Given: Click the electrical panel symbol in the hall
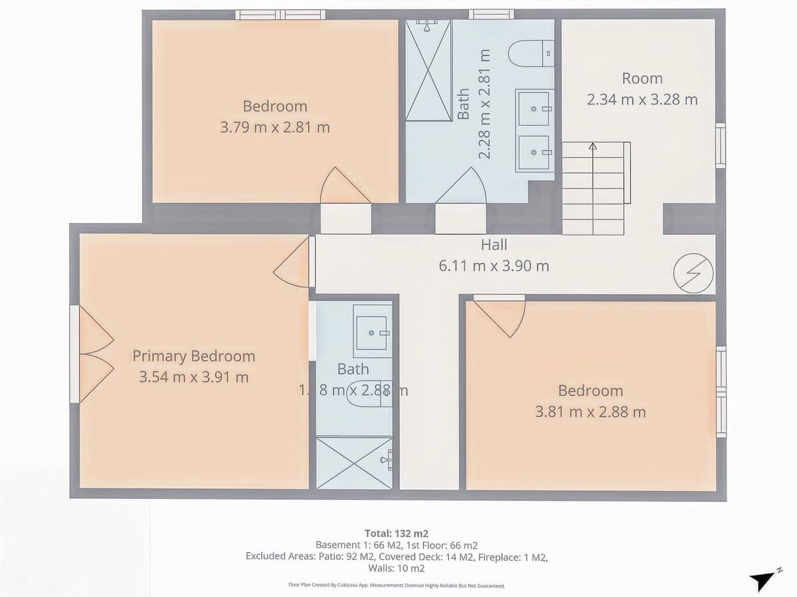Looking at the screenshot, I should [x=693, y=273].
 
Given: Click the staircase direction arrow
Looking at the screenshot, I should [x=592, y=147].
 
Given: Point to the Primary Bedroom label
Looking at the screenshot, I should [x=193, y=356].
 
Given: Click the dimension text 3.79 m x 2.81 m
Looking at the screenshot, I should [x=274, y=127].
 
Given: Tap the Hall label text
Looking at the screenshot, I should [x=493, y=245].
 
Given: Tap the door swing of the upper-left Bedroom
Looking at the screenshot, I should [x=344, y=187].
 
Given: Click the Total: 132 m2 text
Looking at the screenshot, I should [x=396, y=533].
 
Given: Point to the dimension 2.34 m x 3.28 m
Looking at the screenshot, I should [x=642, y=99].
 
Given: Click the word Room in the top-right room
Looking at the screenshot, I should [x=642, y=78].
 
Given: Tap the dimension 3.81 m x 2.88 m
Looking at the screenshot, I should [x=590, y=412].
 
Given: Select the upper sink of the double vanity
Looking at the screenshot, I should [x=534, y=107].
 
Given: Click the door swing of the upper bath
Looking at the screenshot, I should [x=462, y=187].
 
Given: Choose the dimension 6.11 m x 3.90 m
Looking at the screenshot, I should [x=493, y=267].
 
